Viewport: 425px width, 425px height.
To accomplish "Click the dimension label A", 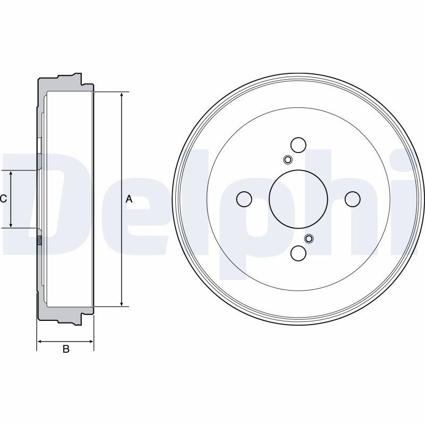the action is tap(129, 199).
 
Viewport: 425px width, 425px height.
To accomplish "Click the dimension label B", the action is tap(66, 349).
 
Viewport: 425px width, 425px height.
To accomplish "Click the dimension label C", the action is tap(3, 199).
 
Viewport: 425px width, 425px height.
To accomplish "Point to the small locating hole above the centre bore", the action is tap(287, 160).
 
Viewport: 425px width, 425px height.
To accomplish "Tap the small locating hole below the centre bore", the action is tap(309, 239).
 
